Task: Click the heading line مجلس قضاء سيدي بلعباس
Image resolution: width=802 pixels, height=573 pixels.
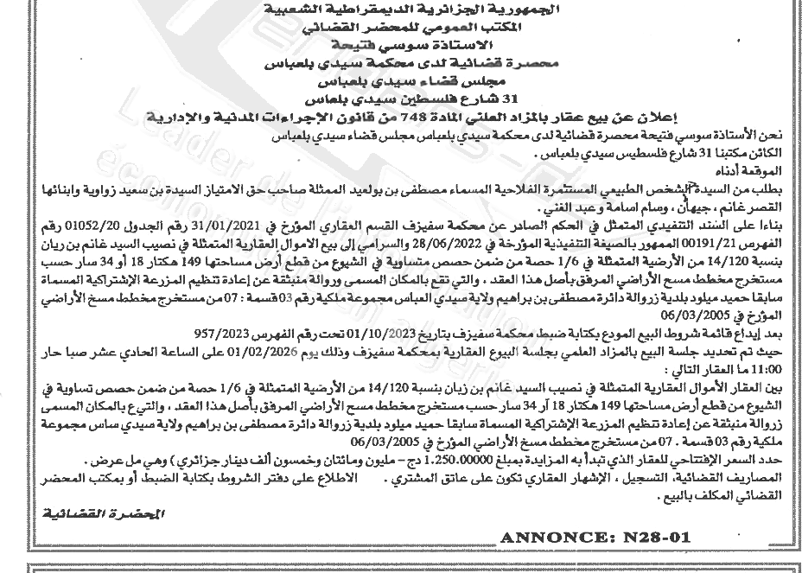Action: click(400, 78)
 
